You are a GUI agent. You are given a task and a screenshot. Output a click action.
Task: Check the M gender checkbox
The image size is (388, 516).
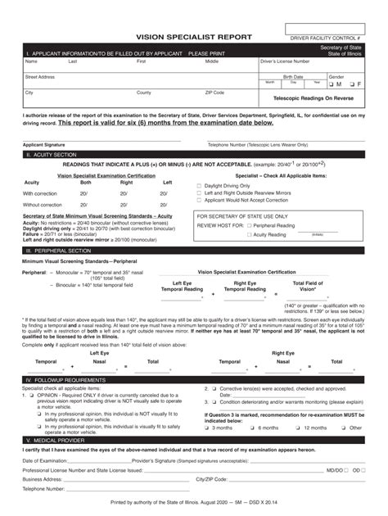[331, 84]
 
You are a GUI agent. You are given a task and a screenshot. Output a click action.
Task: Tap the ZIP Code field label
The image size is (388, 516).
[214, 93]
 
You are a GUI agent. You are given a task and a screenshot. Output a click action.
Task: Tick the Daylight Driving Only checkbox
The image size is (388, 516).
[199, 186]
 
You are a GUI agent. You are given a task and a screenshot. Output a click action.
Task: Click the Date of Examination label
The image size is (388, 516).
[46, 462]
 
